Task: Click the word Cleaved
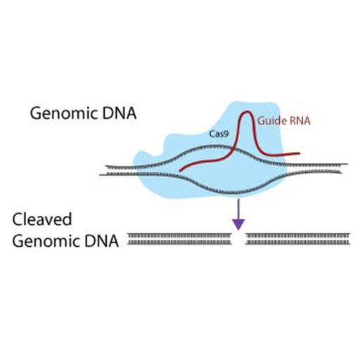[x=42, y=219]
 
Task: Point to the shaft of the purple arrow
[x=238, y=208]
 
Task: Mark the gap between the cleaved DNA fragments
[x=238, y=239]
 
